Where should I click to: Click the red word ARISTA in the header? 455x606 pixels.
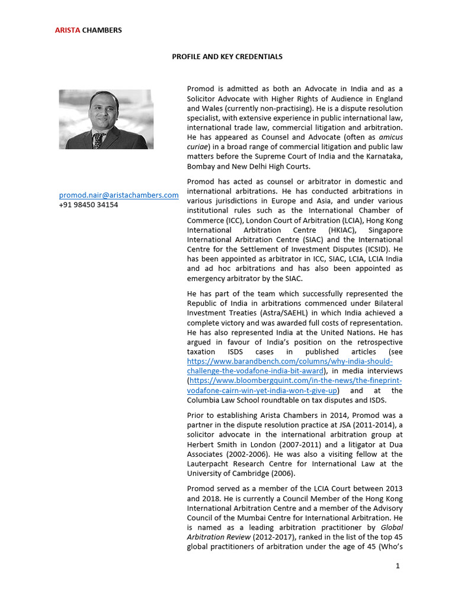[68, 30]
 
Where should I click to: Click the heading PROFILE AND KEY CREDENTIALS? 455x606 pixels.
[227, 57]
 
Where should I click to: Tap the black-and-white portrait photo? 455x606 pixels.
[105, 119]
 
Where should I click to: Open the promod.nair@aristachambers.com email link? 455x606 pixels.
[118, 195]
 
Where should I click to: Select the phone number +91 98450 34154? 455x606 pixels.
[88, 205]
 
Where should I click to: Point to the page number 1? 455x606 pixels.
[398, 566]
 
